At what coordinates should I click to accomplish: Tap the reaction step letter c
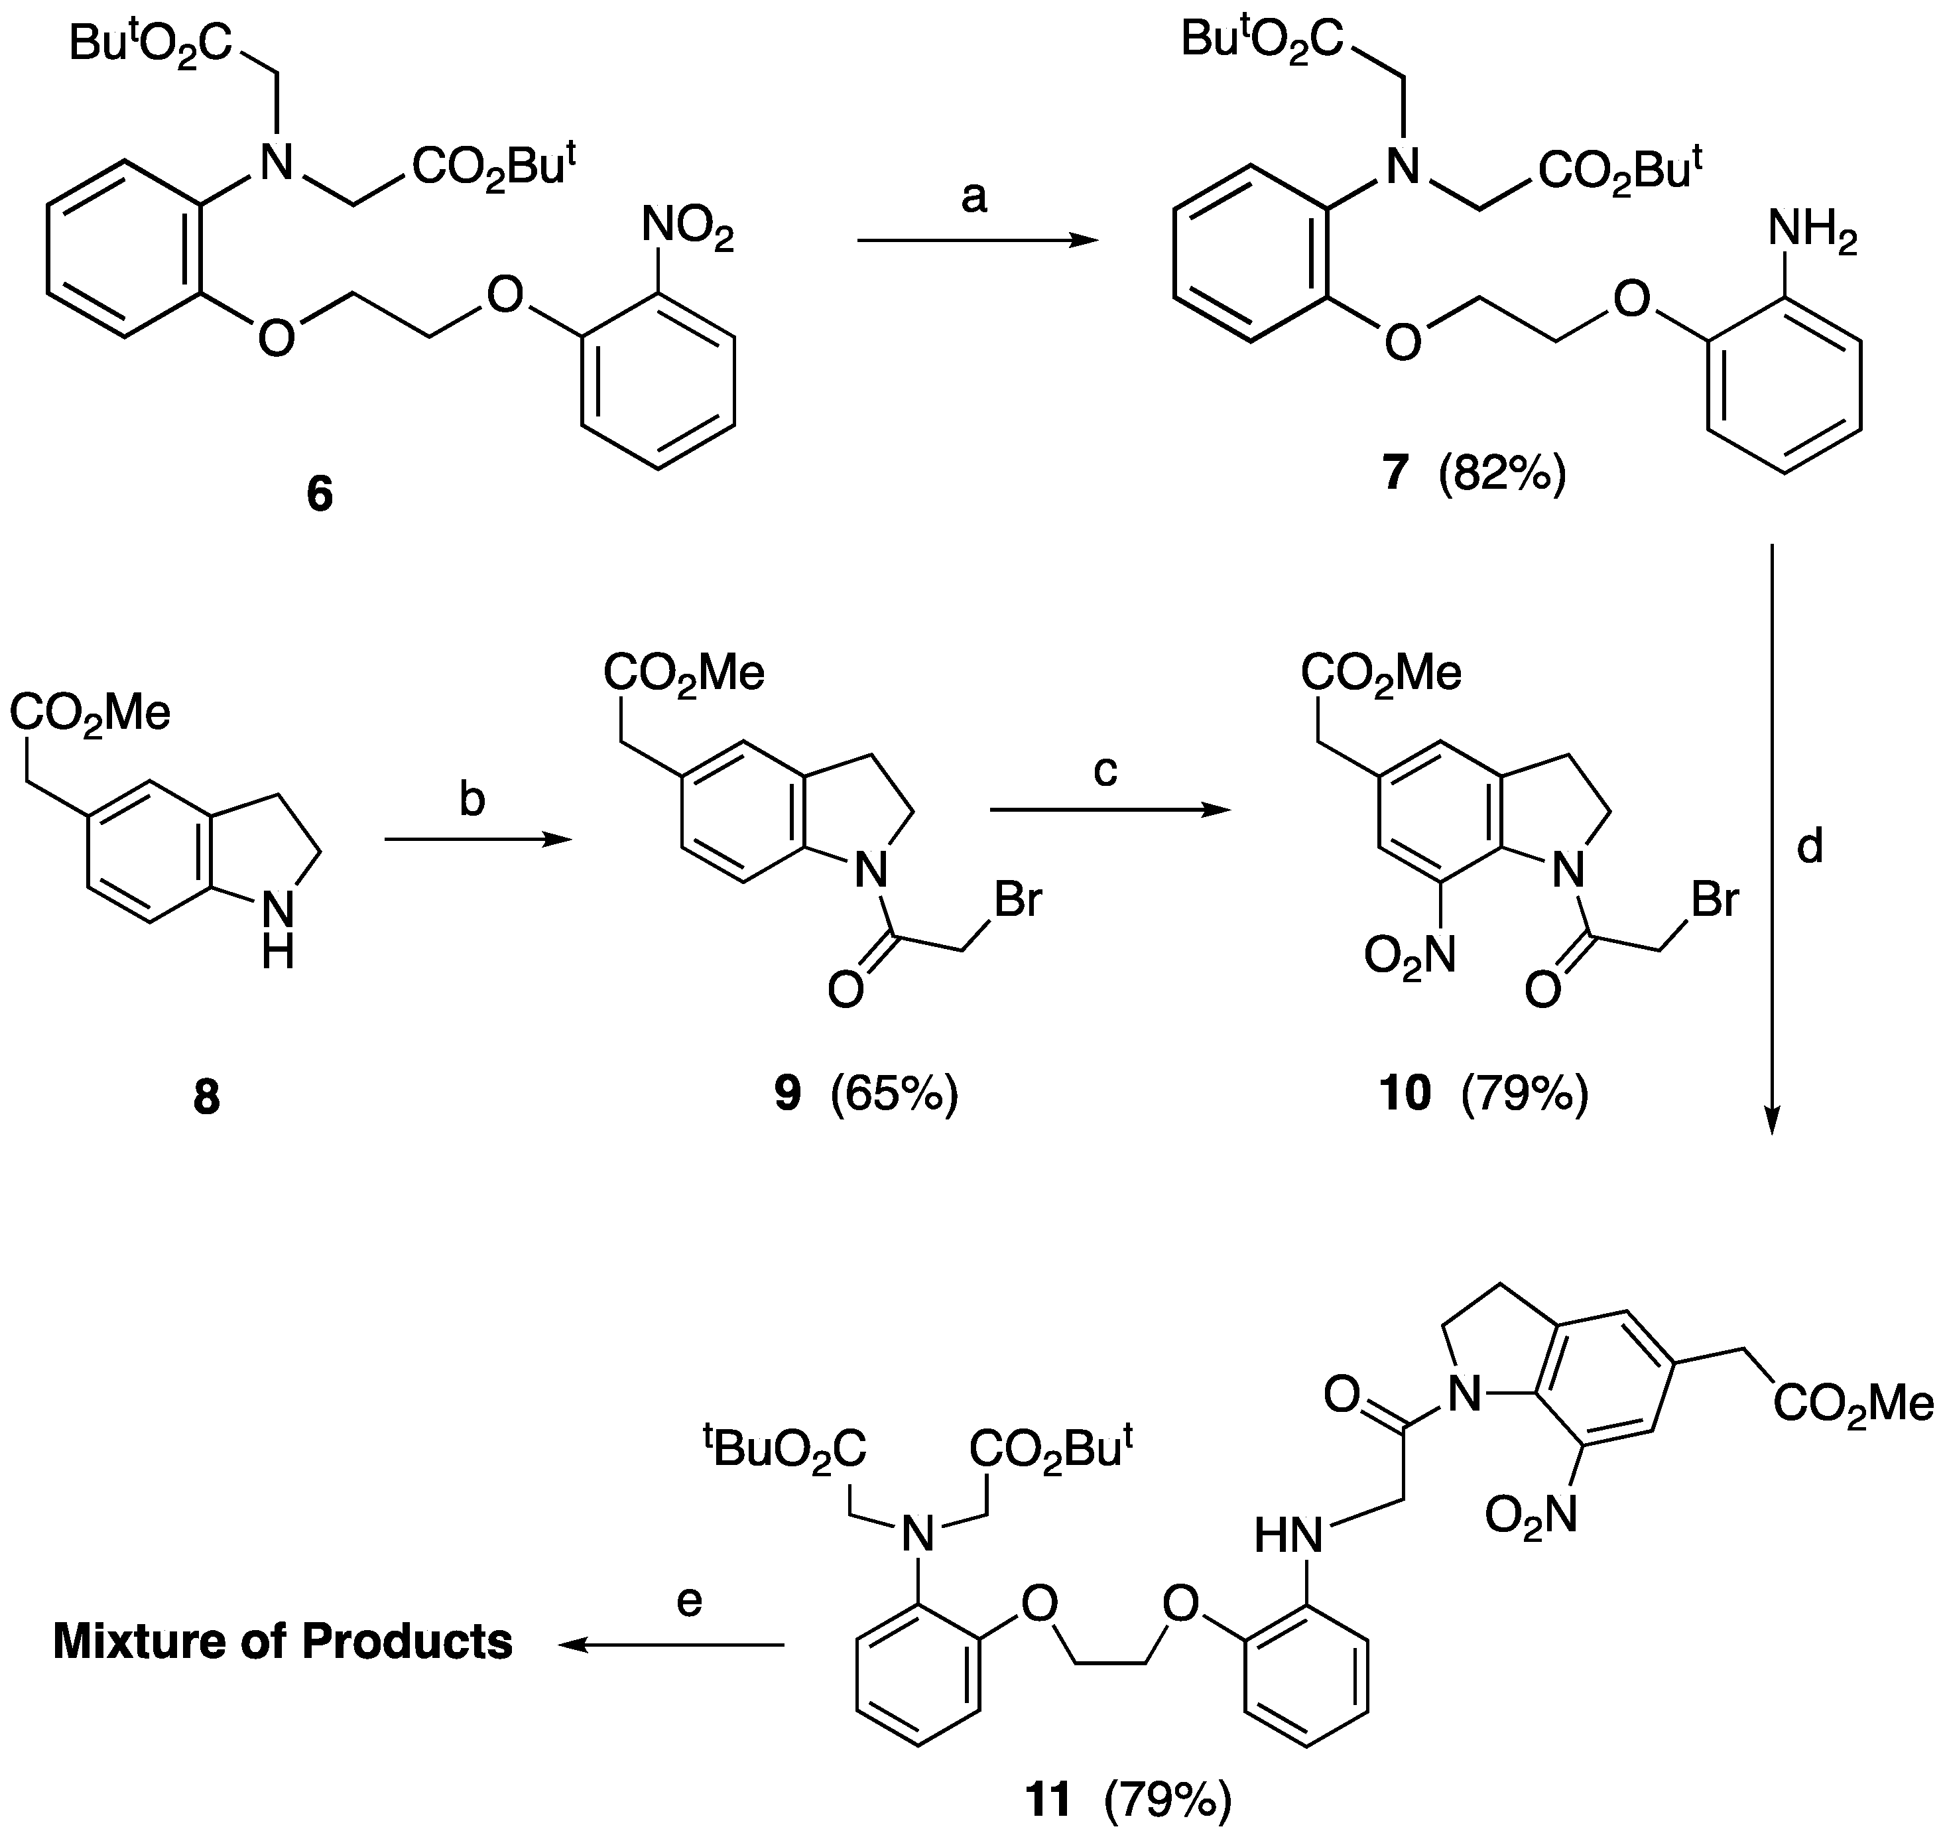click(x=1105, y=771)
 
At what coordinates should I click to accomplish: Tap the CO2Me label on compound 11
click(x=1853, y=1407)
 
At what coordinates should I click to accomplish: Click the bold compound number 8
click(x=207, y=1099)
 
